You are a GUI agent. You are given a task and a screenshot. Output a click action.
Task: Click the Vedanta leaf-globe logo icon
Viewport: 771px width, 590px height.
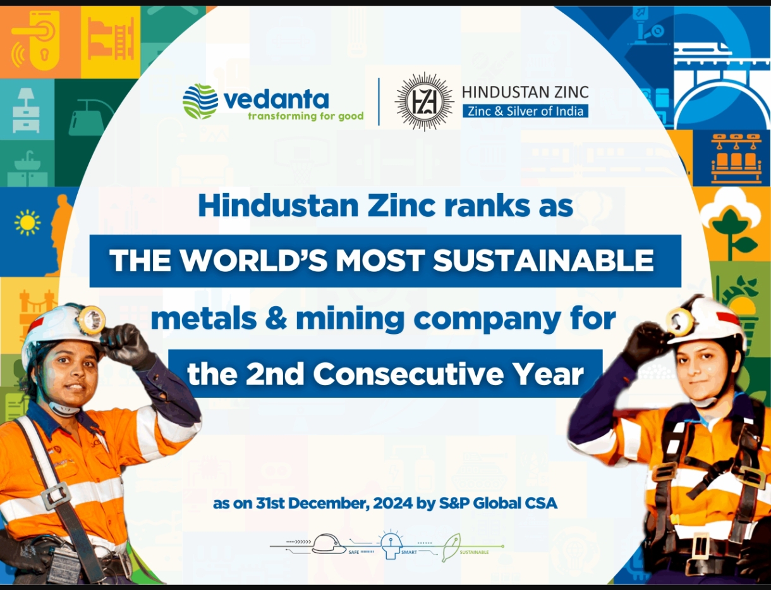tap(200, 101)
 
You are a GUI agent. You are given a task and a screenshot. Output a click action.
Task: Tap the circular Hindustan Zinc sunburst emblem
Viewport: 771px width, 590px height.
tap(424, 102)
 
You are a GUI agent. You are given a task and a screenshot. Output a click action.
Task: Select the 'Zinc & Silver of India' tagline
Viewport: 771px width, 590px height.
tap(525, 111)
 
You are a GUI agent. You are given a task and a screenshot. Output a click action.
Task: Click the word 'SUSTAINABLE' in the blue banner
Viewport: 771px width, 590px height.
tap(543, 261)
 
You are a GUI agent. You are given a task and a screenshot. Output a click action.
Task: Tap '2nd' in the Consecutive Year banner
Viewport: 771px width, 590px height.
tap(275, 374)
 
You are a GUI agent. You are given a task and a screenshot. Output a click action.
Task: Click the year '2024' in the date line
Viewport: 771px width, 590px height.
tap(392, 503)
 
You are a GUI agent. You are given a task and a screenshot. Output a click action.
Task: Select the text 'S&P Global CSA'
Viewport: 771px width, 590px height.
tap(498, 503)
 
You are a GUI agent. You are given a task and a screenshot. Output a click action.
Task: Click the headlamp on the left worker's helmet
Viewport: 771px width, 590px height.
tap(92, 319)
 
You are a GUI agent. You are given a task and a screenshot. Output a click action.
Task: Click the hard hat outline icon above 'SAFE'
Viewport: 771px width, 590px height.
tap(329, 544)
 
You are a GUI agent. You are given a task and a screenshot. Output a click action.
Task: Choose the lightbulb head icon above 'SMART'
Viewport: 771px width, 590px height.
tap(391, 545)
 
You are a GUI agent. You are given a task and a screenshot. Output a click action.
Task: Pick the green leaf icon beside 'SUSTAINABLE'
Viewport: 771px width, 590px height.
tap(451, 547)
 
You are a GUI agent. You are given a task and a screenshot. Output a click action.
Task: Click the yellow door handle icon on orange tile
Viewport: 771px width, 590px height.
tap(35, 40)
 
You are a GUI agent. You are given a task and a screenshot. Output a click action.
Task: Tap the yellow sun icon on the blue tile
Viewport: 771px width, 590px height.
tap(27, 223)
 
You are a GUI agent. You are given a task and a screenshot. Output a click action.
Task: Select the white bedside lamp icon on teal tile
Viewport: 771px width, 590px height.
tap(26, 110)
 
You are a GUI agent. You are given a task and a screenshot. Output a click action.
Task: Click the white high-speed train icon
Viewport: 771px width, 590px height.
tap(703, 49)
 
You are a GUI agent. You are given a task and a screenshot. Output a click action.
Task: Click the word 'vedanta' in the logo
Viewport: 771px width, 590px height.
tap(276, 100)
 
